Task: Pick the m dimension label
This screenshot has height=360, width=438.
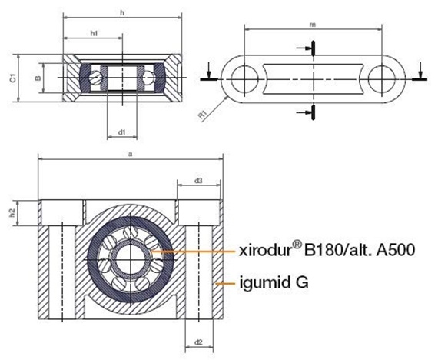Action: (x=313, y=25)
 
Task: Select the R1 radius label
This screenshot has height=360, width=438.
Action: (x=203, y=115)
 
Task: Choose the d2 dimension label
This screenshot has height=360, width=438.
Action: (x=198, y=342)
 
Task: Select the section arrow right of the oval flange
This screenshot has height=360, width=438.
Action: (x=420, y=76)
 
